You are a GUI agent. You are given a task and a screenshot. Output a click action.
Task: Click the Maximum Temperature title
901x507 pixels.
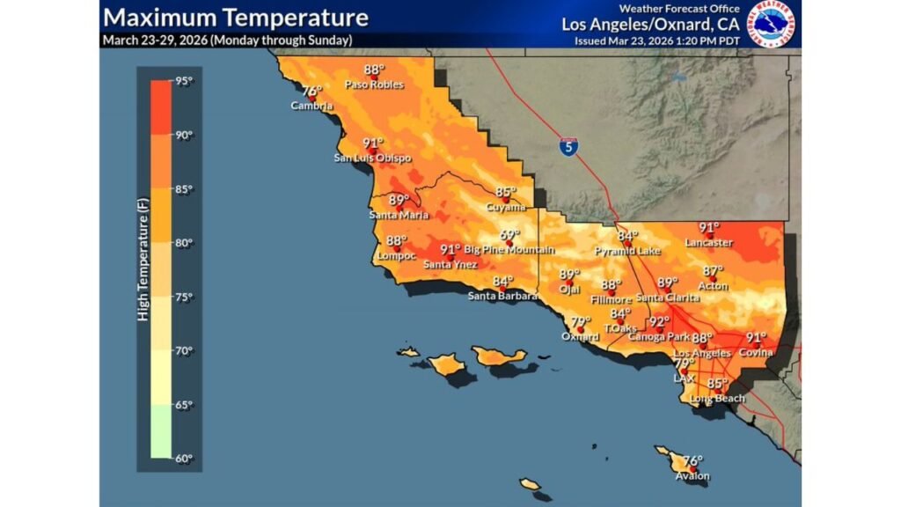[x=235, y=18]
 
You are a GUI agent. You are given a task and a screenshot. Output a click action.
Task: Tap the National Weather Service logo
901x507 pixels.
[x=771, y=24]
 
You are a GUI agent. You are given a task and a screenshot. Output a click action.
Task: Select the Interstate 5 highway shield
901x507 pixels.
[x=569, y=147]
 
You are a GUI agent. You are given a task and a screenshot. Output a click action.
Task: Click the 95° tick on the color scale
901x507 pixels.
[x=183, y=81]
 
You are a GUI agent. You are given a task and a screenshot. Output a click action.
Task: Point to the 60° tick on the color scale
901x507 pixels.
[x=183, y=459]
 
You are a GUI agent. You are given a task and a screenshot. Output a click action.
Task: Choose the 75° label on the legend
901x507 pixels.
[x=183, y=297]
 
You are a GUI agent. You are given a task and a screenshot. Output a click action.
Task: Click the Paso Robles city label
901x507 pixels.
[x=374, y=84]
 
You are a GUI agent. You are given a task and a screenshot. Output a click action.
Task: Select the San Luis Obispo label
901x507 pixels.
[x=371, y=158]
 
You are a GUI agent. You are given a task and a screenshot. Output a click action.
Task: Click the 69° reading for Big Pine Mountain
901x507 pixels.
[x=510, y=235]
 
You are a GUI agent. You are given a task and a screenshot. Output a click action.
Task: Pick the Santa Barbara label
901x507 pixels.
[x=502, y=295]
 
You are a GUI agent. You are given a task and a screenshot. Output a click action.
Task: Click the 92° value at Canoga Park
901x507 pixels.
[x=659, y=321]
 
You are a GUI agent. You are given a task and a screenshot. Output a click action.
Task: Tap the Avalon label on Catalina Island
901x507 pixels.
[x=692, y=476]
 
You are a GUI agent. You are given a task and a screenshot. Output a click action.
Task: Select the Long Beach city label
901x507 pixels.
[x=717, y=399]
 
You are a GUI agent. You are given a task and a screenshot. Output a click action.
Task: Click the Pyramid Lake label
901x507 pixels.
[x=627, y=251]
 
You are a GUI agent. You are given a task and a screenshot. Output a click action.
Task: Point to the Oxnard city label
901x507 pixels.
[x=580, y=336]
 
